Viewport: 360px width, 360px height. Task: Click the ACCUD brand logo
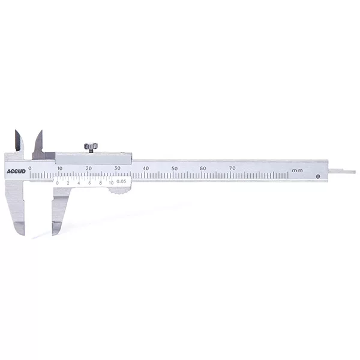coord(16,172)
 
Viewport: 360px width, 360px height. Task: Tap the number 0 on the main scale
coord(30,168)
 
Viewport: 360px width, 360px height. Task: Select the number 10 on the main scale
coord(59,168)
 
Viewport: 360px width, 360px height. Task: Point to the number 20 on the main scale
coord(89,168)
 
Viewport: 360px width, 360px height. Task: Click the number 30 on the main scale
coord(118,168)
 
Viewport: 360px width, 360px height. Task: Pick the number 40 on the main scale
coord(146,168)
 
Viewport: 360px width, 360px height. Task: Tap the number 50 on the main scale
coord(175,168)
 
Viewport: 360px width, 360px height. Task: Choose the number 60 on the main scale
coord(203,168)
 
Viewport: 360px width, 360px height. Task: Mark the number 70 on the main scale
coord(232,168)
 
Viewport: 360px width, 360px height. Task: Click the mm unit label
coord(297,170)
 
